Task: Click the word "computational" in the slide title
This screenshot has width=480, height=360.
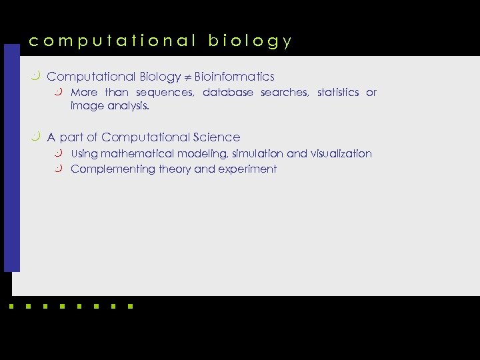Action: point(112,41)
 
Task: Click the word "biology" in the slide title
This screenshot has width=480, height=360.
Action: point(250,41)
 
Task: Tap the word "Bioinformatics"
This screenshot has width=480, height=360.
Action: point(235,77)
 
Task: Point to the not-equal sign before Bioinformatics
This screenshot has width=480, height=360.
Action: point(188,77)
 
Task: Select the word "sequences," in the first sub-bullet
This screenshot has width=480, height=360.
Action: point(165,93)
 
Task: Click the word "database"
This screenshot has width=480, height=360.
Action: point(228,93)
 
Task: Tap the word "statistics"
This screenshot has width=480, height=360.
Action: point(338,93)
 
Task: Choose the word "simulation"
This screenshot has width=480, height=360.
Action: point(257,154)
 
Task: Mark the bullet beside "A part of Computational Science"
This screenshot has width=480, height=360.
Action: point(35,137)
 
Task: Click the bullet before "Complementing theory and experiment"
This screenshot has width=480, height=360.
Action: point(60,169)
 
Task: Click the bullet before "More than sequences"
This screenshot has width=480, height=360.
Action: point(60,92)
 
